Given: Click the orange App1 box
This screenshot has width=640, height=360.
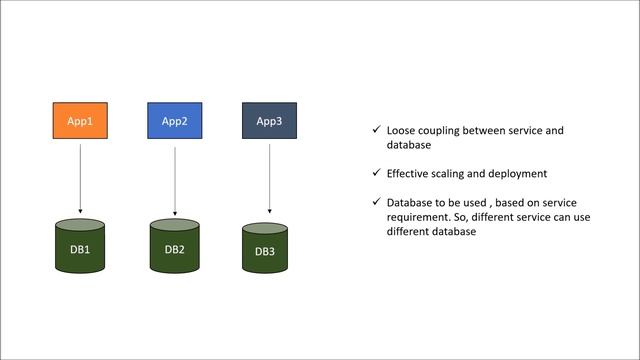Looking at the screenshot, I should click(x=80, y=121).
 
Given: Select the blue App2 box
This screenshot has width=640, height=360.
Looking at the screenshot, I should click(x=175, y=121).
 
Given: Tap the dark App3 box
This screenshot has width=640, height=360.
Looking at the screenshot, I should click(x=269, y=121).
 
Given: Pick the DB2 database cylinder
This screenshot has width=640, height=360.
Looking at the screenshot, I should click(x=175, y=246).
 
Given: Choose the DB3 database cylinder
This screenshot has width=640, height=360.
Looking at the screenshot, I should click(x=265, y=248).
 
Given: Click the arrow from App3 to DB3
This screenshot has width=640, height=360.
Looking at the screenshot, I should click(x=269, y=176).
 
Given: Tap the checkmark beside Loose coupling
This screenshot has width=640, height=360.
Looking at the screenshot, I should click(x=375, y=131).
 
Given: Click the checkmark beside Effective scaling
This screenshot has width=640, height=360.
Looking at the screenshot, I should click(x=375, y=173).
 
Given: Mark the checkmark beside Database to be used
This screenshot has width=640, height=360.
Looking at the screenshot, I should click(x=375, y=203).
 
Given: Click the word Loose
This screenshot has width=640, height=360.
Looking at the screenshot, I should click(x=401, y=131).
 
